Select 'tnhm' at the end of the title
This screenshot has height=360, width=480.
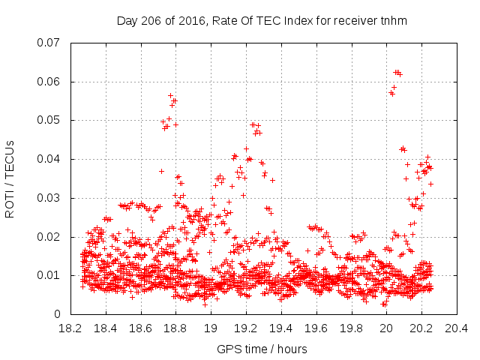tap(393, 21)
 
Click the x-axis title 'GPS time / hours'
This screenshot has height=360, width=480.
tap(262, 349)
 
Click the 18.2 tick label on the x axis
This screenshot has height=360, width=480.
tap(70, 328)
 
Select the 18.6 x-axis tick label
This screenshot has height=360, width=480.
tap(140, 328)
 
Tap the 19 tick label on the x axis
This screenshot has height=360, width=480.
tap(211, 328)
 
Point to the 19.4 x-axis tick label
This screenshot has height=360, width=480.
tap(280, 328)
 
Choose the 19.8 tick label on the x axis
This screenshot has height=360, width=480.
tap(351, 328)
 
